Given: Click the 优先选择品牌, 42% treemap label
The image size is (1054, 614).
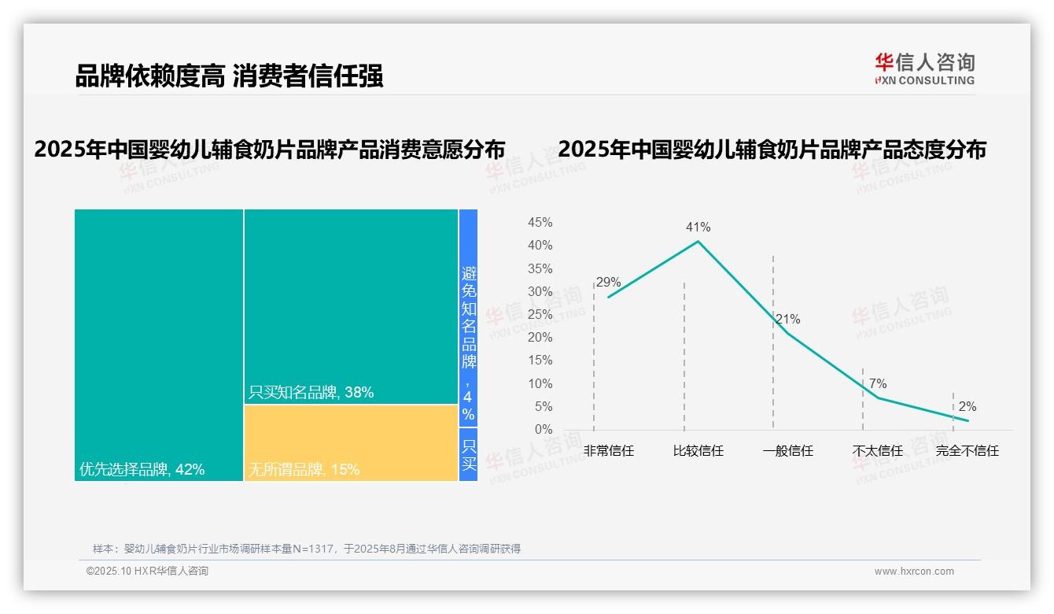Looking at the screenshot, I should click(142, 470).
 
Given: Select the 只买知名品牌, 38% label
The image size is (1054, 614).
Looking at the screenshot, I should click(311, 392).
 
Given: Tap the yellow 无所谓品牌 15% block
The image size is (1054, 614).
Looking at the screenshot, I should click(351, 442).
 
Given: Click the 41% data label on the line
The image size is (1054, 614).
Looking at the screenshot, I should click(698, 227).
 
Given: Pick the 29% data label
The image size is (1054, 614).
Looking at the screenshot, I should click(608, 283).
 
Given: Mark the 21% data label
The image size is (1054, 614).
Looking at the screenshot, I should click(787, 320).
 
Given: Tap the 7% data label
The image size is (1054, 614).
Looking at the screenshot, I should click(878, 384).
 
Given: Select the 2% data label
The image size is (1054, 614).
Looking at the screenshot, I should click(967, 407).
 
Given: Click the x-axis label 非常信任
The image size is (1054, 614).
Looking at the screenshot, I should click(608, 451).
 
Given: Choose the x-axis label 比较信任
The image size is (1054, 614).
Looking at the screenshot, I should click(698, 451).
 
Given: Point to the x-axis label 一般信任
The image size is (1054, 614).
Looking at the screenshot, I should click(787, 451).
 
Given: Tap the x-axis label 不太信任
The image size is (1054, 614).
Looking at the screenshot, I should click(878, 451).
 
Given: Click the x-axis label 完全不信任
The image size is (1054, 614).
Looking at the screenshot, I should click(967, 451).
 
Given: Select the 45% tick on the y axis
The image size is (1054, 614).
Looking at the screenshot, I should click(540, 223).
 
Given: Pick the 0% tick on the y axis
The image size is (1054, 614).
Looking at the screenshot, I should click(544, 430).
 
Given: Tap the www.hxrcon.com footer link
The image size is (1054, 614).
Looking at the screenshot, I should click(914, 571).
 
